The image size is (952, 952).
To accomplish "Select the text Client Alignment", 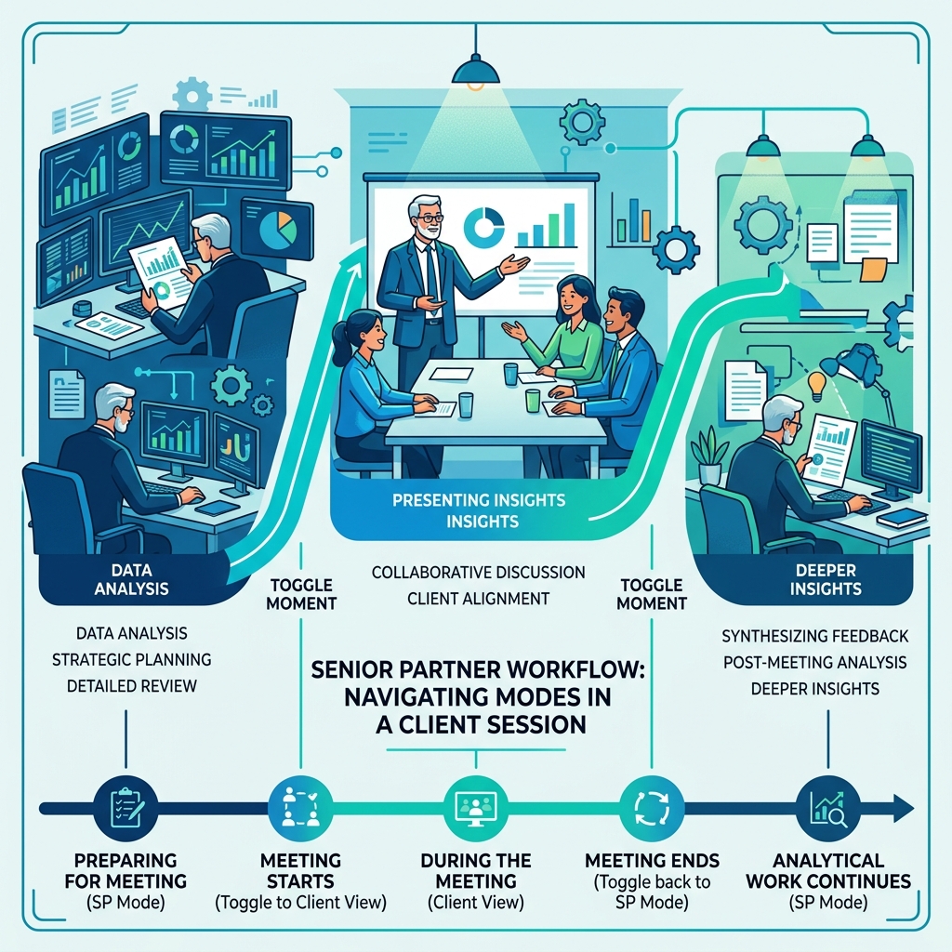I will (478, 599).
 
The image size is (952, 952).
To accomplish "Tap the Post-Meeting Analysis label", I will (815, 662).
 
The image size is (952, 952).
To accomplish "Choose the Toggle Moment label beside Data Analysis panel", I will (301, 594).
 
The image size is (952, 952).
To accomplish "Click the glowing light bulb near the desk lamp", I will (818, 382).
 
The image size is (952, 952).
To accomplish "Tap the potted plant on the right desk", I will (710, 455).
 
